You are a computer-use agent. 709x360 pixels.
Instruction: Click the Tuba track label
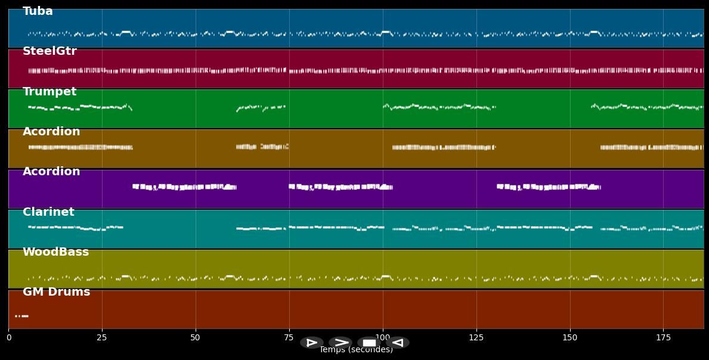(38, 11)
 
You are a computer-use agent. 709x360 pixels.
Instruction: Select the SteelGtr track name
(49, 51)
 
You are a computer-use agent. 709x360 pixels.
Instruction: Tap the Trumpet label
(49, 92)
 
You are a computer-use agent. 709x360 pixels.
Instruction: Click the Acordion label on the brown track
(51, 132)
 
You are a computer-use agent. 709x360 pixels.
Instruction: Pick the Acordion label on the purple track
(51, 172)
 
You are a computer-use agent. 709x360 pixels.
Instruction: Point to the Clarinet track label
(48, 212)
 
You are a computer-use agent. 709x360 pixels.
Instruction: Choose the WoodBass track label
(55, 252)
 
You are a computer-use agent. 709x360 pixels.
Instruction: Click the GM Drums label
(56, 292)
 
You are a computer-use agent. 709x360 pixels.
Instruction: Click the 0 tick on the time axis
(8, 338)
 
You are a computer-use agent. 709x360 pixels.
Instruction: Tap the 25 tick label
(102, 338)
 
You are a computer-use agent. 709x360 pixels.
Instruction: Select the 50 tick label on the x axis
(196, 338)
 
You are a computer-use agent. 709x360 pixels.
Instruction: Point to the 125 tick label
(476, 338)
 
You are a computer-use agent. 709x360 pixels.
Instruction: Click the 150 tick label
(570, 338)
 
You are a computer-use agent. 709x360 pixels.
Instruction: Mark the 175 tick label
(663, 338)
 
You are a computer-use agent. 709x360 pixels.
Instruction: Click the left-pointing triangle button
(398, 343)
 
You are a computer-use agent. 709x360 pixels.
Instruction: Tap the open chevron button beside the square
(340, 343)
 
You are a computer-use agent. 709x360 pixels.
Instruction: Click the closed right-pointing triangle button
(311, 343)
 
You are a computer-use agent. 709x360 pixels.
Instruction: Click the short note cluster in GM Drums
(21, 316)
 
